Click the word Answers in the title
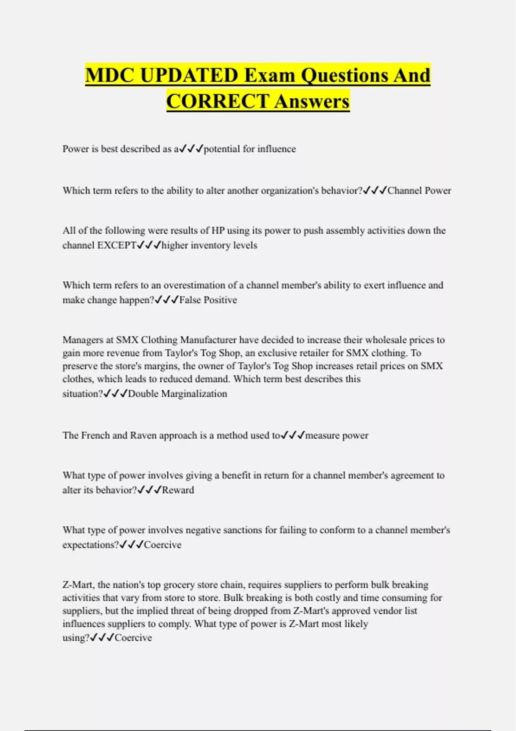click(312, 101)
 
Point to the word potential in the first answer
click(221, 149)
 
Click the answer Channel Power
click(419, 190)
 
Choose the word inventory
click(211, 245)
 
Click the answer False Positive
click(208, 300)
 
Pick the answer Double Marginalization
click(178, 393)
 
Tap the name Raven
click(143, 435)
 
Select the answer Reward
click(178, 490)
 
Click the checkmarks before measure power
click(292, 435)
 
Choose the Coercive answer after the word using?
click(133, 637)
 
